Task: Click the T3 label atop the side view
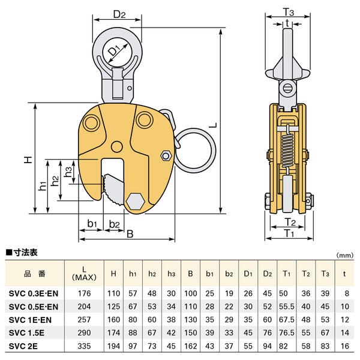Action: (x=289, y=13)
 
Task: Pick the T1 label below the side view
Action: (x=289, y=233)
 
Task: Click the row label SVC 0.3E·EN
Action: (x=35, y=293)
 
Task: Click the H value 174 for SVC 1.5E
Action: (x=113, y=333)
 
